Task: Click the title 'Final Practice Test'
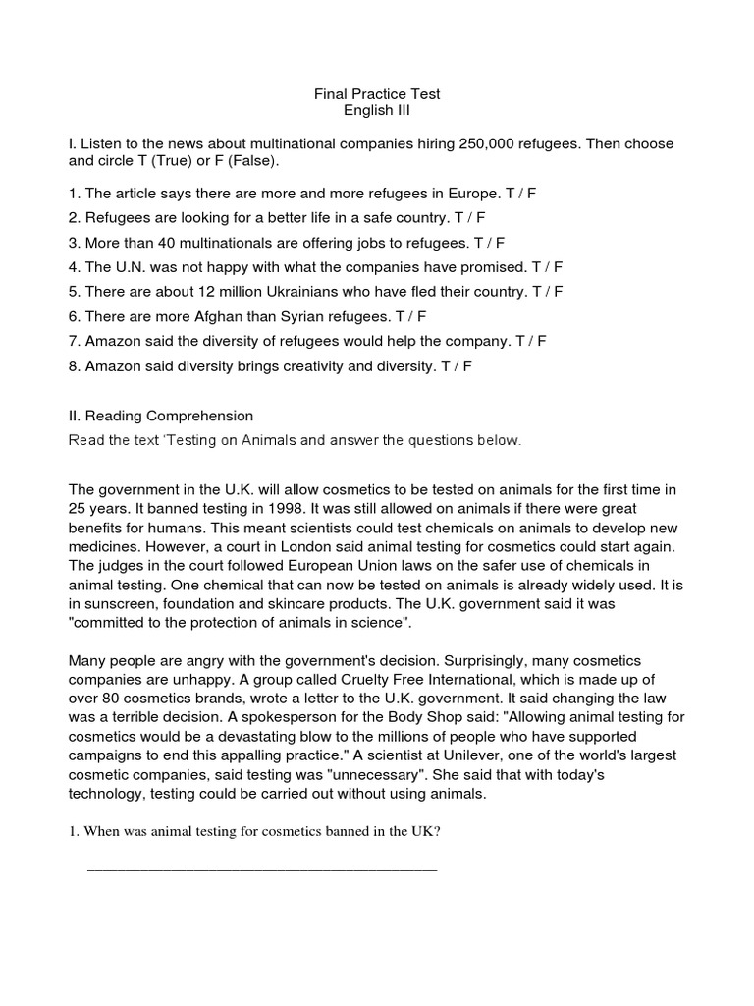377,94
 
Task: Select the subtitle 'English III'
377,111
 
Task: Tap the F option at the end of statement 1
531,195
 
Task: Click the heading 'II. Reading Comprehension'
161,417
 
